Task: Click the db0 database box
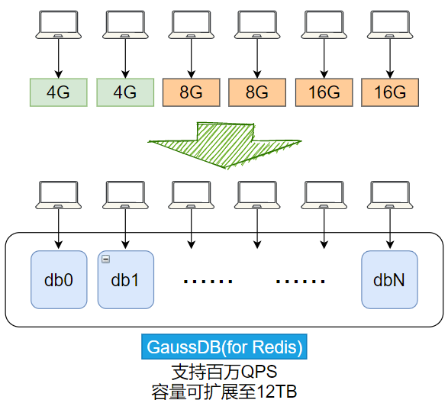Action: [59, 280]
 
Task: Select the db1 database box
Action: [125, 280]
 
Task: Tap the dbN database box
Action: [389, 280]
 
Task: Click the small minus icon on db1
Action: [105, 260]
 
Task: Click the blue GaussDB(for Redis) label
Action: [224, 347]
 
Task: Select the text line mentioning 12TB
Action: [224, 391]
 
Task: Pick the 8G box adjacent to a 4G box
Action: [191, 92]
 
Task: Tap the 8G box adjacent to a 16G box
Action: [257, 92]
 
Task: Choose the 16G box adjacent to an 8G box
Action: [324, 92]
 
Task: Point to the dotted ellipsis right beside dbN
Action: [299, 282]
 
